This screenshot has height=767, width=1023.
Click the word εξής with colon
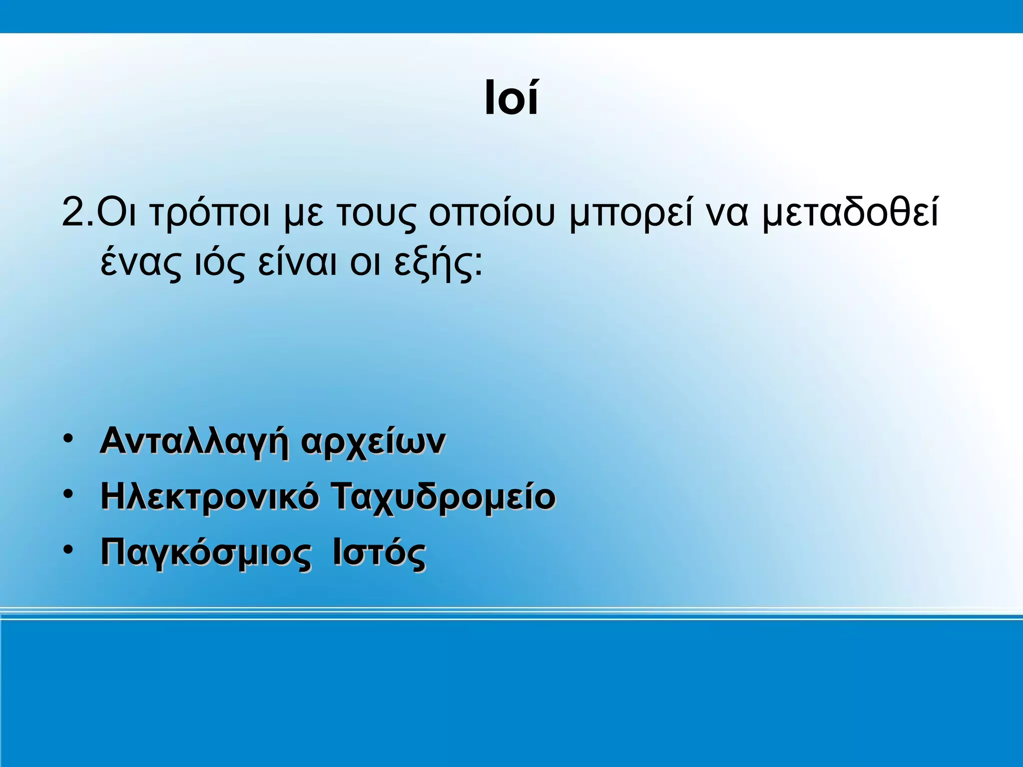tap(438, 264)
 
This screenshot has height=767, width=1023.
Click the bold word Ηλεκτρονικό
tap(209, 497)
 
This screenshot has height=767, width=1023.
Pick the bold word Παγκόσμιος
tap(205, 553)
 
